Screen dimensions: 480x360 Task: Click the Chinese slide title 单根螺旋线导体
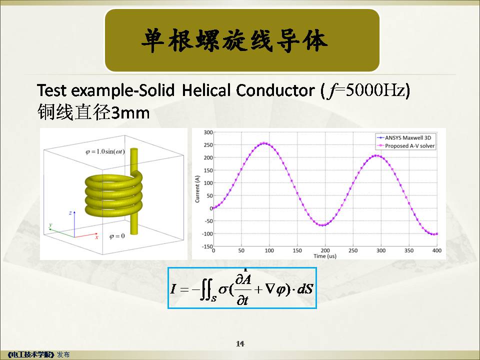(x=235, y=40)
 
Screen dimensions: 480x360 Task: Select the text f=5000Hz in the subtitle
(x=366, y=90)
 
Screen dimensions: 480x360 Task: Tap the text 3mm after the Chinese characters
(x=130, y=112)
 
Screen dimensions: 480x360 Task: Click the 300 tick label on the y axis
(x=208, y=132)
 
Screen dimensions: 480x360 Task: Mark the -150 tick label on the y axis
(x=207, y=246)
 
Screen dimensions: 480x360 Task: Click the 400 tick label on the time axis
(x=437, y=250)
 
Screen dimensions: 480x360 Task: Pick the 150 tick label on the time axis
(x=297, y=250)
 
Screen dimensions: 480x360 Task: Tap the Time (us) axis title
(x=325, y=256)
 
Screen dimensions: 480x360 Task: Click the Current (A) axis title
(x=197, y=189)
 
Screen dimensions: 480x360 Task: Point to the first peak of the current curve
(x=264, y=143)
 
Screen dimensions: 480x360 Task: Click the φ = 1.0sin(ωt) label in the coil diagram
(x=105, y=151)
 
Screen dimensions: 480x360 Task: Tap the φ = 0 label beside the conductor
(x=117, y=236)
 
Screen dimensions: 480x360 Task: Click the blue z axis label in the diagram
(x=70, y=213)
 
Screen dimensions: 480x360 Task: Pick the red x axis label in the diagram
(x=96, y=237)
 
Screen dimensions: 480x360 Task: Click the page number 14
(x=240, y=344)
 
